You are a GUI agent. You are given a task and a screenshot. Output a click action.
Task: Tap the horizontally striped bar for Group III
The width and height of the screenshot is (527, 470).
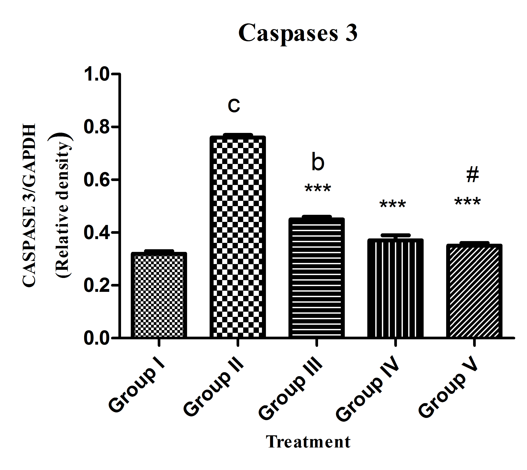[317, 278]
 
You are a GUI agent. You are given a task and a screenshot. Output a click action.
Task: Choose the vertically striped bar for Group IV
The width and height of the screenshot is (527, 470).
[395, 288]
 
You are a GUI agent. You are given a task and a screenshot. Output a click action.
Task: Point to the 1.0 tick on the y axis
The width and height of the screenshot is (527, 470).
[96, 74]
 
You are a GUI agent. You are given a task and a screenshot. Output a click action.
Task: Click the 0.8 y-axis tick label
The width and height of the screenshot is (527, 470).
[96, 127]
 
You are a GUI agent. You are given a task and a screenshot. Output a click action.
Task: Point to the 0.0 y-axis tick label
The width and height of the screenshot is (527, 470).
[96, 338]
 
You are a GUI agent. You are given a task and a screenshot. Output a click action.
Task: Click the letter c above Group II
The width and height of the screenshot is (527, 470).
[234, 105]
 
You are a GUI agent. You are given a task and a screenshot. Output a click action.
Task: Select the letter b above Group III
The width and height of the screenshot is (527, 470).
[318, 162]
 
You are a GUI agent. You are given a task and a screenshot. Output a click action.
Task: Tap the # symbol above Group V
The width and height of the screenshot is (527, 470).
[473, 175]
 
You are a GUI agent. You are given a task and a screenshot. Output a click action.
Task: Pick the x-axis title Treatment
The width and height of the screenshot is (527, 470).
[308, 442]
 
